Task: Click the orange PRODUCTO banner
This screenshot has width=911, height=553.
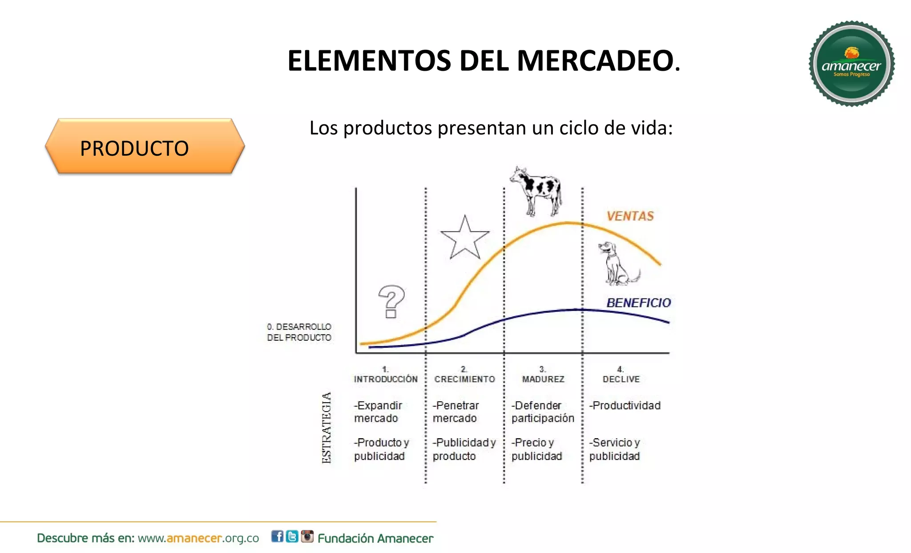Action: (145, 147)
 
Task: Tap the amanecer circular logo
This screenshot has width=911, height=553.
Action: (851, 64)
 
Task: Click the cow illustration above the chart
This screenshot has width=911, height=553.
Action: (536, 190)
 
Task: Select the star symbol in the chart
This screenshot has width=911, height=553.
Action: (464, 239)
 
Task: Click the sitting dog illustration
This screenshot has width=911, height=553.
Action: (617, 264)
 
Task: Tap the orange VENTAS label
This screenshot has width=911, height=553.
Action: (630, 216)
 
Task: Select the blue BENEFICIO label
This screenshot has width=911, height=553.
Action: (638, 303)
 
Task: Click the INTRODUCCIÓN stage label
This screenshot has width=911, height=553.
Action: (386, 379)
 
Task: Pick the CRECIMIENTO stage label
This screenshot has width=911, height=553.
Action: (464, 379)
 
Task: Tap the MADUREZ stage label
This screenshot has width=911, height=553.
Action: (543, 379)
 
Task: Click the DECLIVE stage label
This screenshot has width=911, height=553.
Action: (621, 379)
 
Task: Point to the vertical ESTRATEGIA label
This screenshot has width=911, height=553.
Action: (327, 428)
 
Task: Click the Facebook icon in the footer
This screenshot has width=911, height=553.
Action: (277, 537)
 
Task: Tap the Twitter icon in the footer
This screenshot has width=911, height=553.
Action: (292, 537)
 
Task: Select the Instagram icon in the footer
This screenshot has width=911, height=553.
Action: (307, 537)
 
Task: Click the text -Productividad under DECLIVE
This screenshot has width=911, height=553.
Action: (625, 405)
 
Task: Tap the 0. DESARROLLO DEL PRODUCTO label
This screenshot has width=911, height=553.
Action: (299, 332)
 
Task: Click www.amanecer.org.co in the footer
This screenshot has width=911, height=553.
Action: (198, 538)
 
